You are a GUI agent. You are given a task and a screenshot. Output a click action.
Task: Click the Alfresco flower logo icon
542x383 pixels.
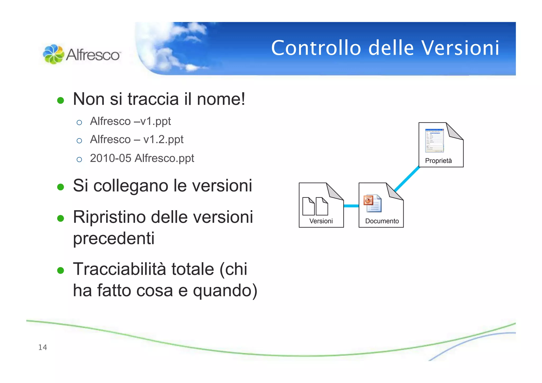tap(53, 54)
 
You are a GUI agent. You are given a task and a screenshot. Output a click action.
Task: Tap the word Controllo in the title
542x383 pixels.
tap(316, 48)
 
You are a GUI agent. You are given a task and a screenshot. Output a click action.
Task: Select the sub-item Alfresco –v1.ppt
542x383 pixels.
tap(130, 121)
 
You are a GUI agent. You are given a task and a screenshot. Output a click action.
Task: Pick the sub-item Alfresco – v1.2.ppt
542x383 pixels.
tap(137, 139)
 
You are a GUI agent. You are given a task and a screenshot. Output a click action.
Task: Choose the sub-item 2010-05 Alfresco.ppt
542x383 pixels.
tap(142, 158)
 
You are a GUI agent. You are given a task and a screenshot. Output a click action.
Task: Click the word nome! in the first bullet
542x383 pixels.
tap(221, 99)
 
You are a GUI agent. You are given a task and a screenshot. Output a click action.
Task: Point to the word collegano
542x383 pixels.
tap(131, 186)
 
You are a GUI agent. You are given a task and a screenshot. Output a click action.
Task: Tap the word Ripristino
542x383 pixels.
tap(110, 217)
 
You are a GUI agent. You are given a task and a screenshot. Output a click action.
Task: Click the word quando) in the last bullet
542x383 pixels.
tap(225, 291)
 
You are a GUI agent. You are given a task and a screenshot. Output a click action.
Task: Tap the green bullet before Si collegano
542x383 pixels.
tap(61, 187)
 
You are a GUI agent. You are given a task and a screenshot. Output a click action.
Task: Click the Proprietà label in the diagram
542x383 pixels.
tap(438, 161)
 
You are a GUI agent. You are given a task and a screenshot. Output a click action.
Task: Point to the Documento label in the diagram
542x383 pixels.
tap(382, 221)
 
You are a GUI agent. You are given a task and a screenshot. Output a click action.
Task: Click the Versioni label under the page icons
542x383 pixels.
tap(321, 221)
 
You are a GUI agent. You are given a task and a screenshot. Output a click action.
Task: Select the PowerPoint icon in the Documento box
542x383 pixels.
tap(372, 204)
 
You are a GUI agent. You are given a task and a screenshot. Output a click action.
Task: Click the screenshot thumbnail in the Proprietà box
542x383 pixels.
tap(434, 141)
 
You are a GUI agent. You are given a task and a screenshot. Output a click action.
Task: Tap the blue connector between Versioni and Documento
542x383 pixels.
tap(351, 206)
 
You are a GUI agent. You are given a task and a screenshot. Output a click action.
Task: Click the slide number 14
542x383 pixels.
tap(43, 347)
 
